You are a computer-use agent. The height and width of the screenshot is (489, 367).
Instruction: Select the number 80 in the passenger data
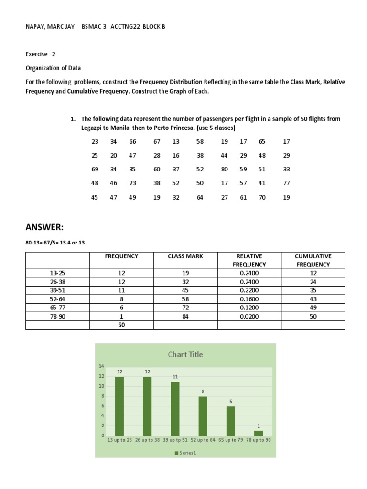224,169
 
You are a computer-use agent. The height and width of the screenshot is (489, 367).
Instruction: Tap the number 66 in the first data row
132,142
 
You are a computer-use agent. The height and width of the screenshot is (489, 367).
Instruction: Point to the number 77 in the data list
286,183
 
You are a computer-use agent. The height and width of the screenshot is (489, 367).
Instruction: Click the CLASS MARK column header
185,256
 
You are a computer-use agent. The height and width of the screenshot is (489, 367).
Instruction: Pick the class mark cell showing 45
185,290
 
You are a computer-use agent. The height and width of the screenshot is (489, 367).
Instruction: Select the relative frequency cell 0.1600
249,299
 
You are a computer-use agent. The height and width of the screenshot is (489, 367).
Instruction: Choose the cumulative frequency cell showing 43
313,299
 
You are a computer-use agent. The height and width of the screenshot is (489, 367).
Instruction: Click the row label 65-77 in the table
57,308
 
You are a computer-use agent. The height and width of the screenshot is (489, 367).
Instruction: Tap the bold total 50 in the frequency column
121,325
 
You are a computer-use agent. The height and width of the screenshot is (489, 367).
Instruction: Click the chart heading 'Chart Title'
185,354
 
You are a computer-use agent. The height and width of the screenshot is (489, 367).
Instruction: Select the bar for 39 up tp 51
175,408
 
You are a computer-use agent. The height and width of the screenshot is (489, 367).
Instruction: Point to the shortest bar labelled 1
259,433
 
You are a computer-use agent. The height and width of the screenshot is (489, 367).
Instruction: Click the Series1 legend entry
185,453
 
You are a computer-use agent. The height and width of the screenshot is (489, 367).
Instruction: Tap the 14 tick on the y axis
101,366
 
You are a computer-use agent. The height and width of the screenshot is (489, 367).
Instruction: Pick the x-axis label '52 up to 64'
203,440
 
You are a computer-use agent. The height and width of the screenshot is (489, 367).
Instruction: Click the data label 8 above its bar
203,391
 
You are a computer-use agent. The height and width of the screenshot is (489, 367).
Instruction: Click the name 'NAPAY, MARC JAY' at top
50,27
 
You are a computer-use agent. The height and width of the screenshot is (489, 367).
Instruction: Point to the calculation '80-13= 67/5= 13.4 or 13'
55,243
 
